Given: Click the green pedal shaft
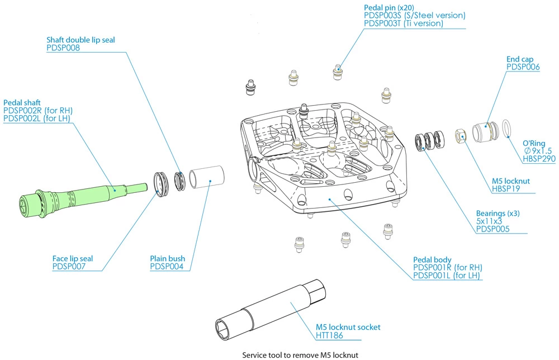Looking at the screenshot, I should pos(84,193).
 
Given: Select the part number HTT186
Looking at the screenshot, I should pos(329,336).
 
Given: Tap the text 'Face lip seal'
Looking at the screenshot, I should pos(73,259).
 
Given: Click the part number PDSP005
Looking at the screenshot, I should pos(492,229).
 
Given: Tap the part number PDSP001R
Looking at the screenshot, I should pos(434,268).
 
